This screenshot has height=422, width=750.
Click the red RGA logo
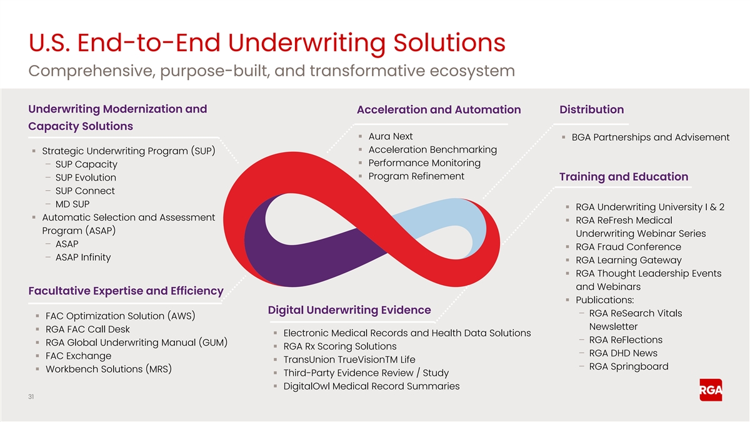(711, 390)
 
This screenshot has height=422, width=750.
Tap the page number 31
(31, 397)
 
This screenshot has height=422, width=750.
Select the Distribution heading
(592, 109)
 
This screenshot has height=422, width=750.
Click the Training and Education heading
(624, 177)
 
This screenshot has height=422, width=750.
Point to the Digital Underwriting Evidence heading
(349, 310)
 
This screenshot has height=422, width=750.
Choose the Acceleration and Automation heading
(439, 110)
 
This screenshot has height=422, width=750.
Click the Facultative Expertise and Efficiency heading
(126, 291)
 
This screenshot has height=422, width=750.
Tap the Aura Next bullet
(391, 136)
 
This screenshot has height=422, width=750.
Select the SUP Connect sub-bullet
(85, 191)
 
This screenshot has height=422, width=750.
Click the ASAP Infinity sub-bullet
(83, 257)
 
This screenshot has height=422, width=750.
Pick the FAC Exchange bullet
(78, 356)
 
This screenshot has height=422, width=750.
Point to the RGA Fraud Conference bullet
(629, 247)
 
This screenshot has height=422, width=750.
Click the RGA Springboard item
(629, 367)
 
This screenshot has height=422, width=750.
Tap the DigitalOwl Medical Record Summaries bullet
(371, 386)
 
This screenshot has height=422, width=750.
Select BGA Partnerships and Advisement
(650, 138)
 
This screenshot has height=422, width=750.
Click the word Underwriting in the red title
(307, 44)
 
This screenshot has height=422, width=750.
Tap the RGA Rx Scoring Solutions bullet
(340, 346)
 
